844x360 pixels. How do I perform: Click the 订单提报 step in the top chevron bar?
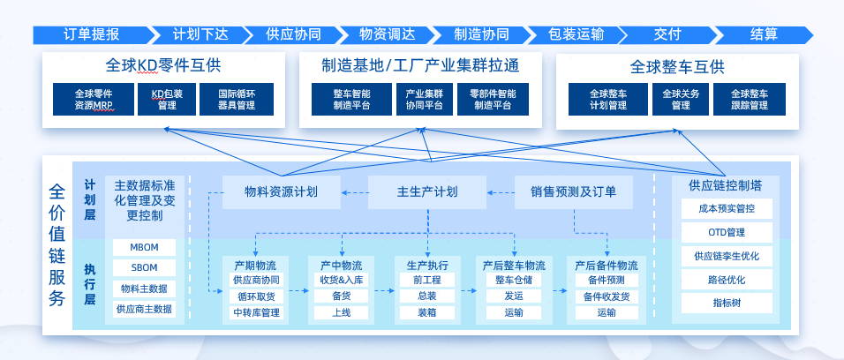click(92, 35)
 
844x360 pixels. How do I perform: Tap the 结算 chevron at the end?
click(764, 35)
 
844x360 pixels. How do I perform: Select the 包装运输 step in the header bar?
click(576, 35)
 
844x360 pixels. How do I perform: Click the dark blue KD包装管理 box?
click(167, 99)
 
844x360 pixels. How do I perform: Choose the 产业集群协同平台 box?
click(424, 99)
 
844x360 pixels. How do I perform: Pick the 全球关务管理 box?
click(681, 99)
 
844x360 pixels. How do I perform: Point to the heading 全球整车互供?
click(677, 67)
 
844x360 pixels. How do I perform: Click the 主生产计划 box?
click(427, 191)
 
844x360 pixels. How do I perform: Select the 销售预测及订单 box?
click(574, 191)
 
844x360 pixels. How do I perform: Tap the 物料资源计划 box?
click(282, 191)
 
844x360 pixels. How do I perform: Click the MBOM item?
click(144, 248)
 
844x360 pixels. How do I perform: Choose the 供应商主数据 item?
click(144, 309)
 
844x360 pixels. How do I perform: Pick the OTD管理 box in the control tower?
click(727, 232)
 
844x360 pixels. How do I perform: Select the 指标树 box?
click(727, 303)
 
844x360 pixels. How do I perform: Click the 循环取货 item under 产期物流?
click(256, 296)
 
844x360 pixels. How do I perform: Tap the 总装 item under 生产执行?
click(427, 296)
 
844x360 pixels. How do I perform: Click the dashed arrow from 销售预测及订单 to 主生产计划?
click(501, 192)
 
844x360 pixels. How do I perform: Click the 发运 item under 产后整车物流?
click(514, 296)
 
